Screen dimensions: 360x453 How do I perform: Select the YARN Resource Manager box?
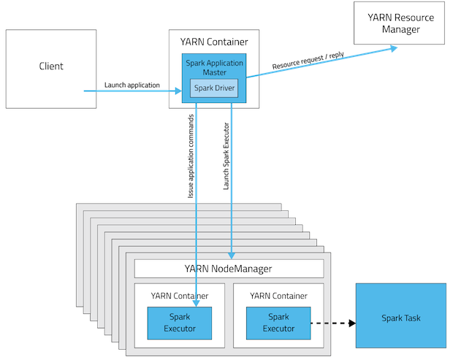(401, 23)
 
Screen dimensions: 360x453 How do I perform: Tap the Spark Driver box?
(214, 89)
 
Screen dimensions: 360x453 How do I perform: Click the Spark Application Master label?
(214, 68)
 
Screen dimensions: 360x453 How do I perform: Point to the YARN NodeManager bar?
(229, 269)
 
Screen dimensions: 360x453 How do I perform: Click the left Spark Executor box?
(180, 323)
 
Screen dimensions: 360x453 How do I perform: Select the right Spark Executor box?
(278, 323)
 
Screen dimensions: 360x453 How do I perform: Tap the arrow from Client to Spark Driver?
(132, 91)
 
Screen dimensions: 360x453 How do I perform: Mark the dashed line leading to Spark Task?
(321, 323)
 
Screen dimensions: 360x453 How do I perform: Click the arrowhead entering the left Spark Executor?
(197, 303)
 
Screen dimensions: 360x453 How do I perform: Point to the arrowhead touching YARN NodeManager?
(232, 256)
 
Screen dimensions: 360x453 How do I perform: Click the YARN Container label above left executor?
(180, 296)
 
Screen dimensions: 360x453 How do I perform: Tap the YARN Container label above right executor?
(278, 296)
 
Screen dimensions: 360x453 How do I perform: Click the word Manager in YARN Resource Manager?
(401, 29)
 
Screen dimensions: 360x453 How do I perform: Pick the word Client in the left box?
(51, 66)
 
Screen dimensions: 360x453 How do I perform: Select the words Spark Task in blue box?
(400, 318)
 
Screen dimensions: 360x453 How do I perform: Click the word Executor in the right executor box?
(278, 329)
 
